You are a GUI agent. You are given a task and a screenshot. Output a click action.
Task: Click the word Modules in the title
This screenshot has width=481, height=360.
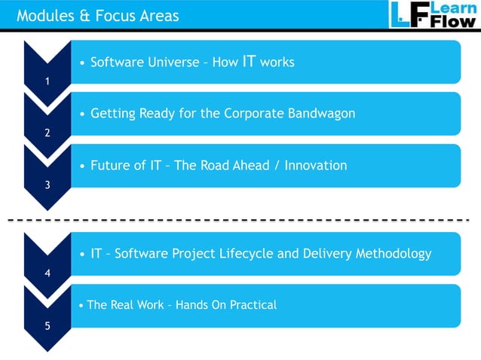(43, 15)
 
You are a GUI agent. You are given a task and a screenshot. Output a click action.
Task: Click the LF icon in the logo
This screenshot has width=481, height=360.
(407, 14)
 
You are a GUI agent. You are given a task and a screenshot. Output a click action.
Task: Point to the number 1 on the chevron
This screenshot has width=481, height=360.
(47, 82)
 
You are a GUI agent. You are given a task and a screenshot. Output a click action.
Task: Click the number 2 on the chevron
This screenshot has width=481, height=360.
(47, 133)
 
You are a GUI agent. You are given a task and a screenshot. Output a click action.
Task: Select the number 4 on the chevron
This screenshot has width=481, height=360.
(47, 273)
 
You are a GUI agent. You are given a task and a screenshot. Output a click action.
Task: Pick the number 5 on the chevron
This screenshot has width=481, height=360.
(47, 326)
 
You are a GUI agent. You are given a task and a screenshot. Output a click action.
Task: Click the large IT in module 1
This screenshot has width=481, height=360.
(249, 61)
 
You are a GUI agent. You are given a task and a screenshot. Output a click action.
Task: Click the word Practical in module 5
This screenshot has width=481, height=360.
(252, 305)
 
